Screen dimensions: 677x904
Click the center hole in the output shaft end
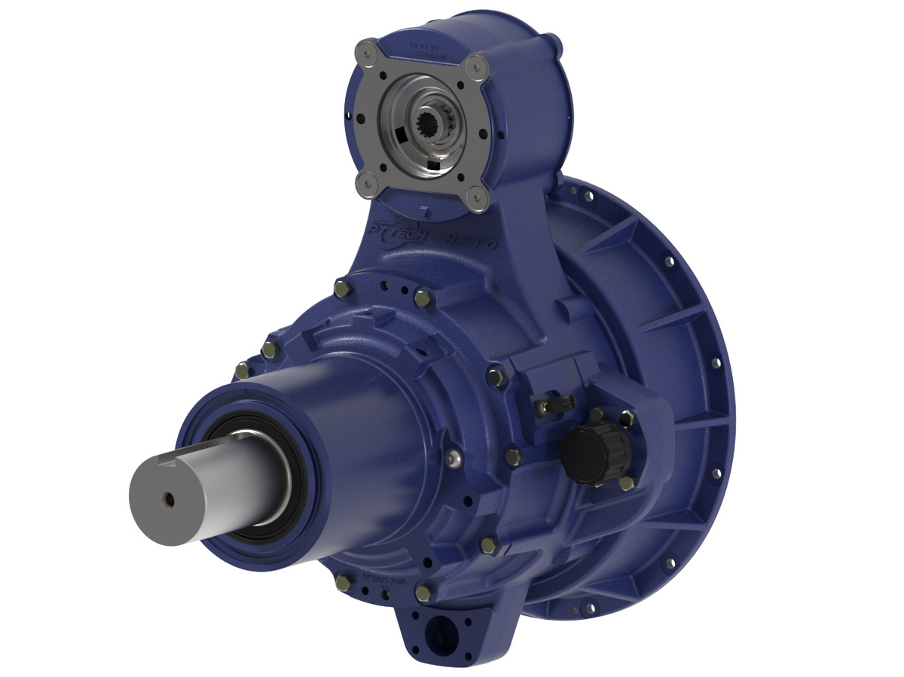(170, 498)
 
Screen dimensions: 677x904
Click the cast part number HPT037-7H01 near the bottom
(385, 577)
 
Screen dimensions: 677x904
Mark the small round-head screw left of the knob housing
(453, 458)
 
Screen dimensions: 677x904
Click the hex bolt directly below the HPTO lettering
(423, 298)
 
